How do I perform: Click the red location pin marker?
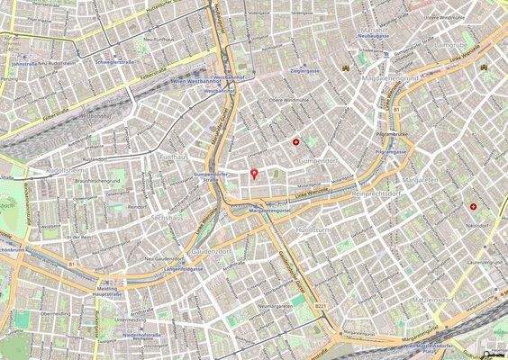click(254, 173)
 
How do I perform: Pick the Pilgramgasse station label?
click(393, 152)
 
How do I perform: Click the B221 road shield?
click(321, 307)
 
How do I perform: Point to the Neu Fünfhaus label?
click(158, 40)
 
